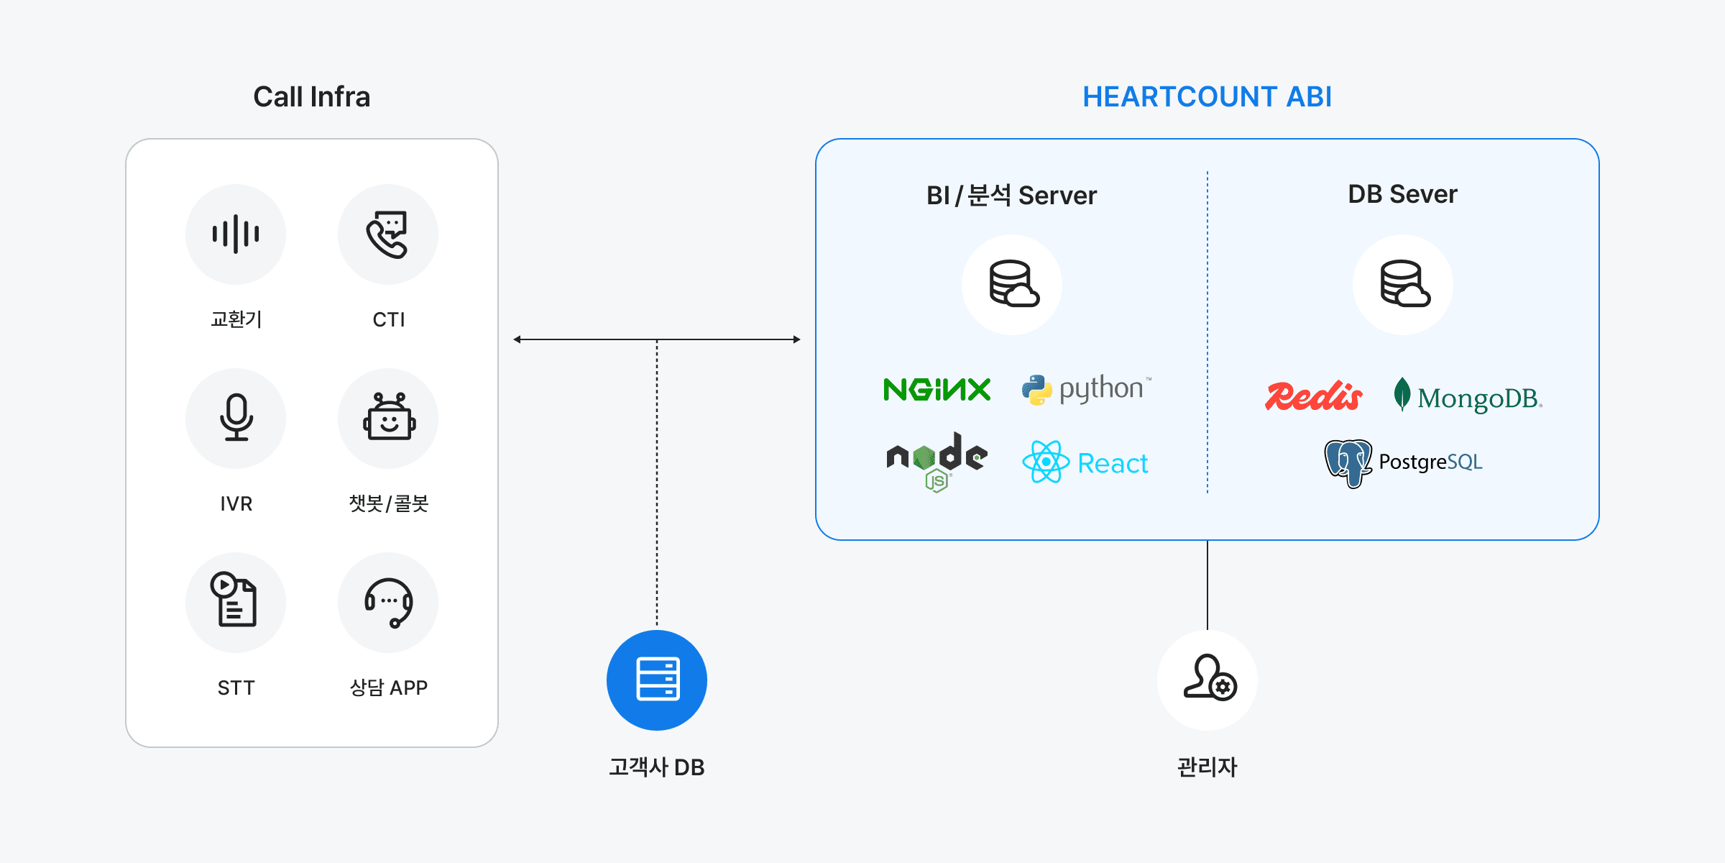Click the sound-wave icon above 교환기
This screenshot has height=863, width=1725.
click(236, 234)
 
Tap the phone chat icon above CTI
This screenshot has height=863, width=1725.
click(388, 234)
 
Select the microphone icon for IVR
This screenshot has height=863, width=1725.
click(236, 418)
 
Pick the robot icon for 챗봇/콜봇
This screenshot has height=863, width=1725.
click(388, 418)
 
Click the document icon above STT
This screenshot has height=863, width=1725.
click(236, 601)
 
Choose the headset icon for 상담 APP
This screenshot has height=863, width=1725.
click(388, 601)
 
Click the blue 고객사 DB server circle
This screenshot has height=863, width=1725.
click(657, 680)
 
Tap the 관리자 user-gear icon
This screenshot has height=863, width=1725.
click(1207, 680)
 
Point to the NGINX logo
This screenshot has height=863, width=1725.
click(937, 390)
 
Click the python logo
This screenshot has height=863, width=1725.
click(1085, 389)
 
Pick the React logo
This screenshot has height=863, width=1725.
click(1085, 462)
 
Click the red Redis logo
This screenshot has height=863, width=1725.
click(1313, 396)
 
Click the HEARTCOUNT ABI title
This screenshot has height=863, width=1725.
click(1207, 97)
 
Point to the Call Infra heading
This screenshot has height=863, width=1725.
click(311, 97)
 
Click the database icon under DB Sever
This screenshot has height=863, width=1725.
click(1403, 284)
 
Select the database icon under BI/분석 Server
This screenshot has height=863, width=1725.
click(1012, 284)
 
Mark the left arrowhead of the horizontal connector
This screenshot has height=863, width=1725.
click(517, 339)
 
